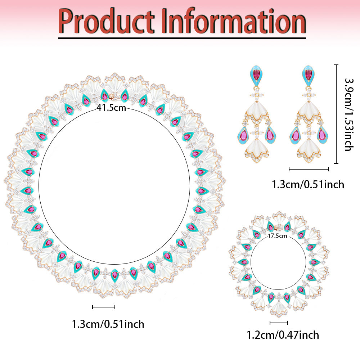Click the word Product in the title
pyautogui.click(x=106, y=21)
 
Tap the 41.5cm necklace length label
pyautogui.click(x=111, y=108)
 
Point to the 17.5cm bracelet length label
pyautogui.click(x=277, y=236)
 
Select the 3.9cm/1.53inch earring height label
pyautogui.click(x=349, y=114)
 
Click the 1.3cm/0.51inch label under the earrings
pyautogui.click(x=308, y=185)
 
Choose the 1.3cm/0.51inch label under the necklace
pyautogui.click(x=108, y=324)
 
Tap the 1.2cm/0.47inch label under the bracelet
pyautogui.click(x=283, y=335)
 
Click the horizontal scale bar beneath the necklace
pyautogui.click(x=104, y=307)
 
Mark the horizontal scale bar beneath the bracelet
pyautogui.click(x=279, y=323)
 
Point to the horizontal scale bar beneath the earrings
pyautogui.click(x=309, y=170)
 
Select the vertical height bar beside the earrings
pyautogui.click(x=336, y=114)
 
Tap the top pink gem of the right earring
pyautogui.click(x=309, y=75)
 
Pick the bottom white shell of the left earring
pyautogui.click(x=257, y=150)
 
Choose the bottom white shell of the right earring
pyautogui.click(x=309, y=150)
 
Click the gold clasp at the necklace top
pyautogui.click(x=112, y=96)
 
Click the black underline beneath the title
pyautogui.click(x=182, y=38)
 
